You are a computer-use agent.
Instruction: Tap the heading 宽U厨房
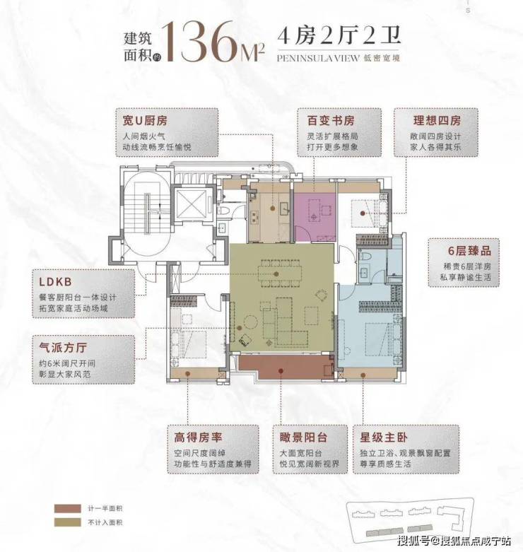[145, 121]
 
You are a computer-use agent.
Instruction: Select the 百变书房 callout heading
[331, 121]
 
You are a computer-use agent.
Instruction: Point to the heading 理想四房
[437, 121]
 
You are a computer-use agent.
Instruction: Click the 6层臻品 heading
[469, 251]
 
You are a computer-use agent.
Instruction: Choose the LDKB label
[56, 282]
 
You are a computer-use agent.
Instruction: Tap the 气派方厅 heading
[63, 348]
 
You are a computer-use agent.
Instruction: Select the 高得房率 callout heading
[198, 438]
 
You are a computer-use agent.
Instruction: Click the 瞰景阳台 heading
[303, 438]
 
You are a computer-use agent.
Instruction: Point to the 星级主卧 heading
[384, 438]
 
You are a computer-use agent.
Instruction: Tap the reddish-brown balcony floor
[281, 368]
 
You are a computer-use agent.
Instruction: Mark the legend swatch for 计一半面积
[68, 509]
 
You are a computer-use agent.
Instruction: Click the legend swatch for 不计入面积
[68, 522]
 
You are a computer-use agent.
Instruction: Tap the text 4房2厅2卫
[339, 36]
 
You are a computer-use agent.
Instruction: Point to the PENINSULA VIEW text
[318, 58]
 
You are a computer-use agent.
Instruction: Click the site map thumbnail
[406, 519]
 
